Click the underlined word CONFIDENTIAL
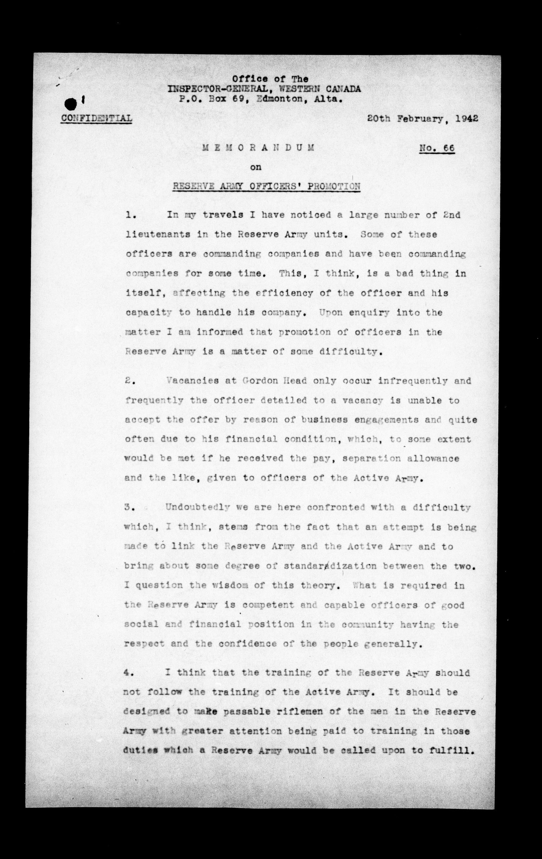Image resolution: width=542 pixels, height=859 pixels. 96,118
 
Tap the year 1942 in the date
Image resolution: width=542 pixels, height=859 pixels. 466,119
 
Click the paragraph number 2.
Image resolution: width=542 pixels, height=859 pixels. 129,381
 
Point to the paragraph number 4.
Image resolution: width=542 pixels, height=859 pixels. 128,673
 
